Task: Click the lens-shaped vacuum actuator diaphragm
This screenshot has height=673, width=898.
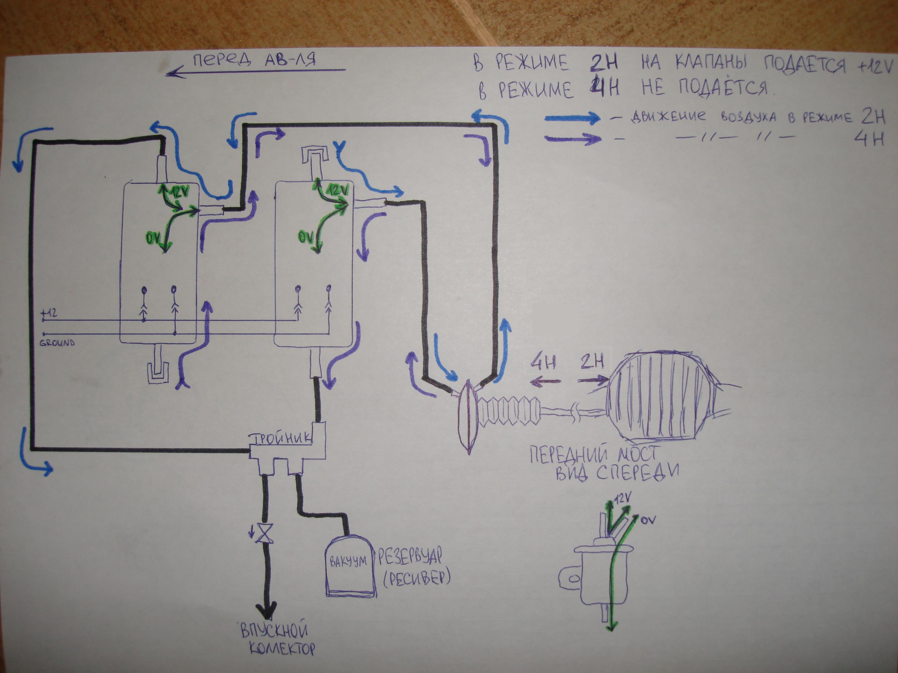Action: [468, 416]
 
